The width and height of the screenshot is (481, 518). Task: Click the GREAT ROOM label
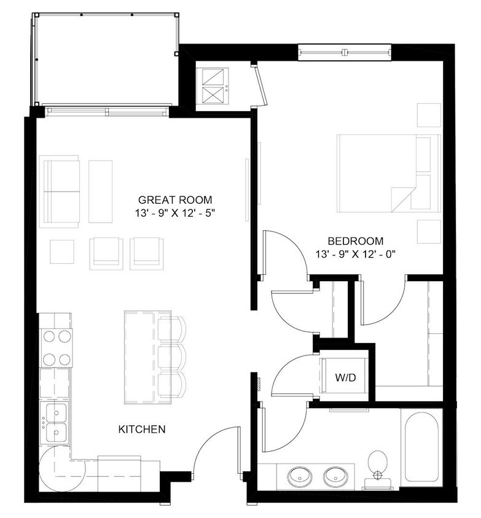pyautogui.click(x=175, y=199)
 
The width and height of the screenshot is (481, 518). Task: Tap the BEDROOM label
pyautogui.click(x=355, y=241)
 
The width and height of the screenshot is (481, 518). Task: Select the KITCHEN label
pyautogui.click(x=141, y=429)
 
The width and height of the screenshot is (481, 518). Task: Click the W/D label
pyautogui.click(x=345, y=377)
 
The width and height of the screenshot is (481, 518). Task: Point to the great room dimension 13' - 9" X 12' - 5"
pyautogui.click(x=175, y=213)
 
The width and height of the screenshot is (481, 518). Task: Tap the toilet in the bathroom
pyautogui.click(x=377, y=465)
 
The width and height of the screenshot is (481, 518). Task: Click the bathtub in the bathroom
pyautogui.click(x=421, y=447)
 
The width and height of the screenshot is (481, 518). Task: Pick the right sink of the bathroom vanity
pyautogui.click(x=335, y=474)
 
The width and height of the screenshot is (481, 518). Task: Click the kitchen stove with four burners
pyautogui.click(x=56, y=347)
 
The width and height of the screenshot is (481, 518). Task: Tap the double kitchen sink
pyautogui.click(x=56, y=423)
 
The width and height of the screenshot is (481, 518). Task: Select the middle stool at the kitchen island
pyautogui.click(x=172, y=357)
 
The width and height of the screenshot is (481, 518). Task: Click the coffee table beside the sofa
pyautogui.click(x=100, y=191)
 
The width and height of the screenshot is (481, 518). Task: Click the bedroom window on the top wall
pyautogui.click(x=345, y=53)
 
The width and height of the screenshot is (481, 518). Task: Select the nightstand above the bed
pyautogui.click(x=429, y=115)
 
